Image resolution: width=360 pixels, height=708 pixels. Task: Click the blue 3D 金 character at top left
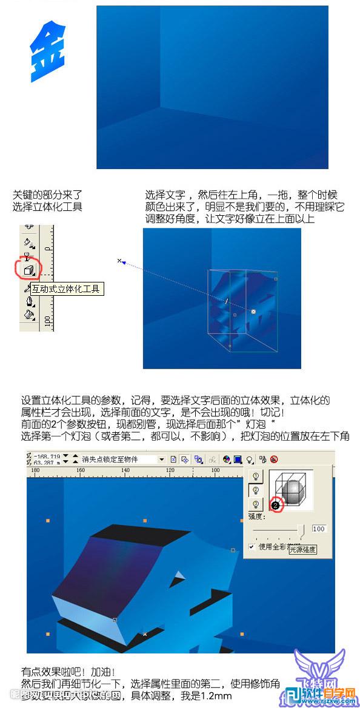[48, 52]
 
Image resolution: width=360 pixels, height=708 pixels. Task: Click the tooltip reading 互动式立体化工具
[67, 289]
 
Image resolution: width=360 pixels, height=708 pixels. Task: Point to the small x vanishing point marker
[119, 261]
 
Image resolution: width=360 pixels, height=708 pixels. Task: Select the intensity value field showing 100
[319, 529]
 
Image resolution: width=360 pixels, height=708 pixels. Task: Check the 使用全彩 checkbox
[252, 547]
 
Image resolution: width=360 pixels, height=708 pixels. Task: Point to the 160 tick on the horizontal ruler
[79, 470]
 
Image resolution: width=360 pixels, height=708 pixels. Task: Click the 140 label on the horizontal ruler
[125, 470]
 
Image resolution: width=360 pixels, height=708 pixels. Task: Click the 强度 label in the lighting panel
[255, 517]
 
